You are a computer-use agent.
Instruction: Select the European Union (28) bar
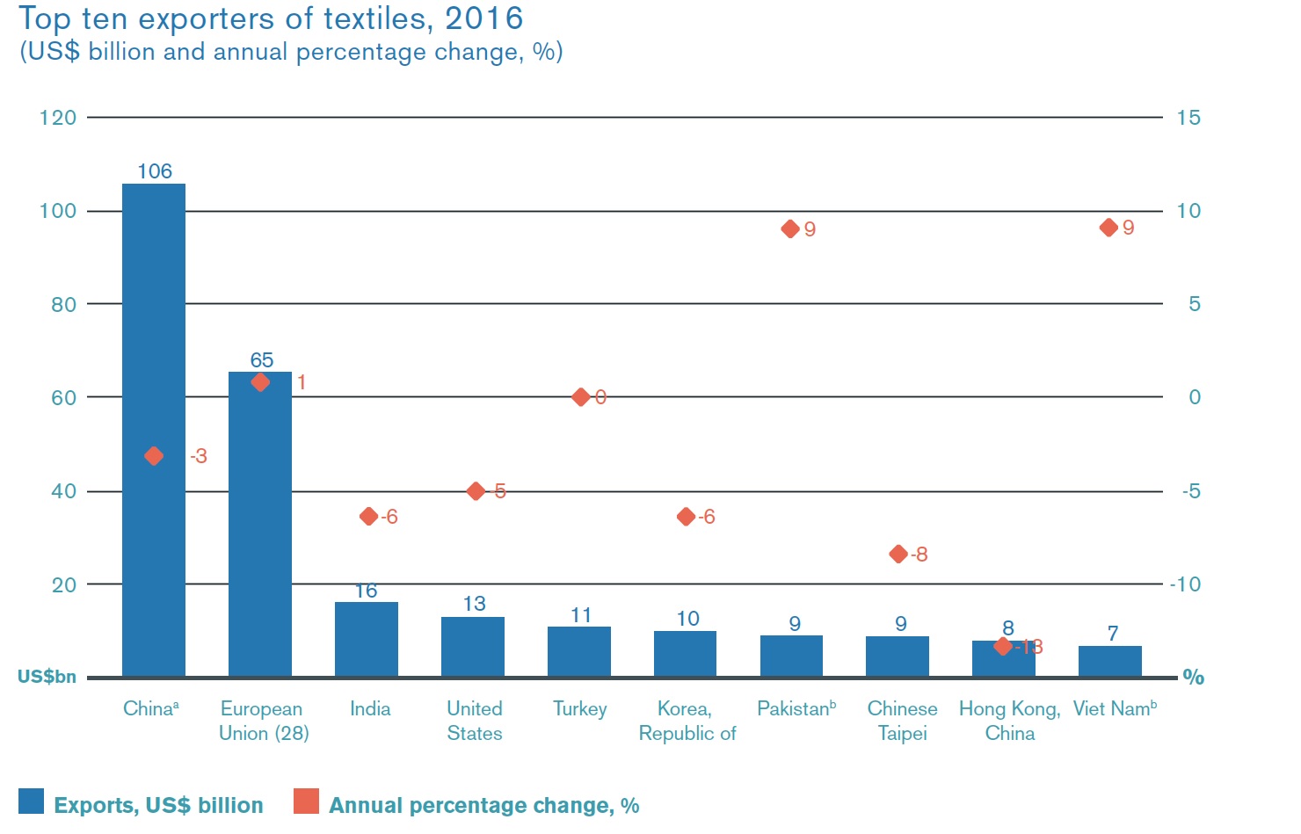pyautogui.click(x=260, y=527)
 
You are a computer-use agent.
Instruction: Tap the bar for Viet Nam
pyautogui.click(x=1109, y=661)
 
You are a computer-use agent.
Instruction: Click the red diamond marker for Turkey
pyautogui.click(x=580, y=397)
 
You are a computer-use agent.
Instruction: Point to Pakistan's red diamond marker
pyautogui.click(x=790, y=228)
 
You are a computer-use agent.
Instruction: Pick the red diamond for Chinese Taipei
pyautogui.click(x=898, y=554)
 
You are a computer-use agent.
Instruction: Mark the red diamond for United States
pyautogui.click(x=476, y=491)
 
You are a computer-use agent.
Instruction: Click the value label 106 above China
pyautogui.click(x=155, y=171)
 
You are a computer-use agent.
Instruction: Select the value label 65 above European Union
pyautogui.click(x=261, y=360)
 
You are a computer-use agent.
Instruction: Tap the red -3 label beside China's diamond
pyautogui.click(x=199, y=456)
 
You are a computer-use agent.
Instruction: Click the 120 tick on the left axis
pyautogui.click(x=58, y=118)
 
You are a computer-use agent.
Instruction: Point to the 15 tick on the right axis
pyautogui.click(x=1188, y=118)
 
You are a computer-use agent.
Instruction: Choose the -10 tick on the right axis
pyautogui.click(x=1184, y=584)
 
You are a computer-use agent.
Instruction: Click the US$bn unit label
pyautogui.click(x=47, y=677)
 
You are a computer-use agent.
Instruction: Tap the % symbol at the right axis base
pyautogui.click(x=1193, y=677)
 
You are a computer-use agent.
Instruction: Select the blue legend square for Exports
pyautogui.click(x=31, y=801)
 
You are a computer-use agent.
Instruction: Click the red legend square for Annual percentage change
pyautogui.click(x=306, y=801)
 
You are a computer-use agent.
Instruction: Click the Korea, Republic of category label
pyautogui.click(x=687, y=721)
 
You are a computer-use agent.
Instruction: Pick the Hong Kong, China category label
pyautogui.click(x=1009, y=721)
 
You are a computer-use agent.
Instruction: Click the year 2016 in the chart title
pyautogui.click(x=483, y=18)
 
